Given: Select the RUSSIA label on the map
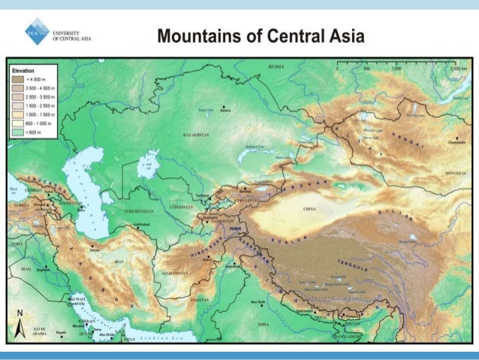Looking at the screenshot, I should pyautogui.click(x=276, y=67).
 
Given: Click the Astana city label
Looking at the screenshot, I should pyautogui.click(x=224, y=110).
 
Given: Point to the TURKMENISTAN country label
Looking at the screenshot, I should pyautogui.click(x=129, y=212).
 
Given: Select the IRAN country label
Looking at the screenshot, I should pyautogui.click(x=119, y=261).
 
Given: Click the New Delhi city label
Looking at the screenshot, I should pyautogui.click(x=259, y=302).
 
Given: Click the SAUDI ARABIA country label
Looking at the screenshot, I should pyautogui.click(x=39, y=331).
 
